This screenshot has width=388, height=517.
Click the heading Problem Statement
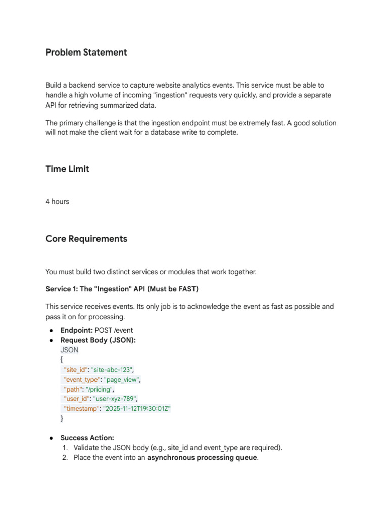pos(86,53)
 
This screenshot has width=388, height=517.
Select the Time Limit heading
pos(67,169)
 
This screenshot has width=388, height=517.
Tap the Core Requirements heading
pos(86,239)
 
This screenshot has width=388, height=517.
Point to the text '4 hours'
pos(57,202)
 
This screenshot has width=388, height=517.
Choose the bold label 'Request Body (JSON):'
pos(98,340)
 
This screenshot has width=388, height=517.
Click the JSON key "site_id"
pos(75,370)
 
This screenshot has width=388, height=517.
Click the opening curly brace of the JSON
pos(62,359)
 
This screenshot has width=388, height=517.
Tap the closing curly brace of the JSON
pos(62,419)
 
